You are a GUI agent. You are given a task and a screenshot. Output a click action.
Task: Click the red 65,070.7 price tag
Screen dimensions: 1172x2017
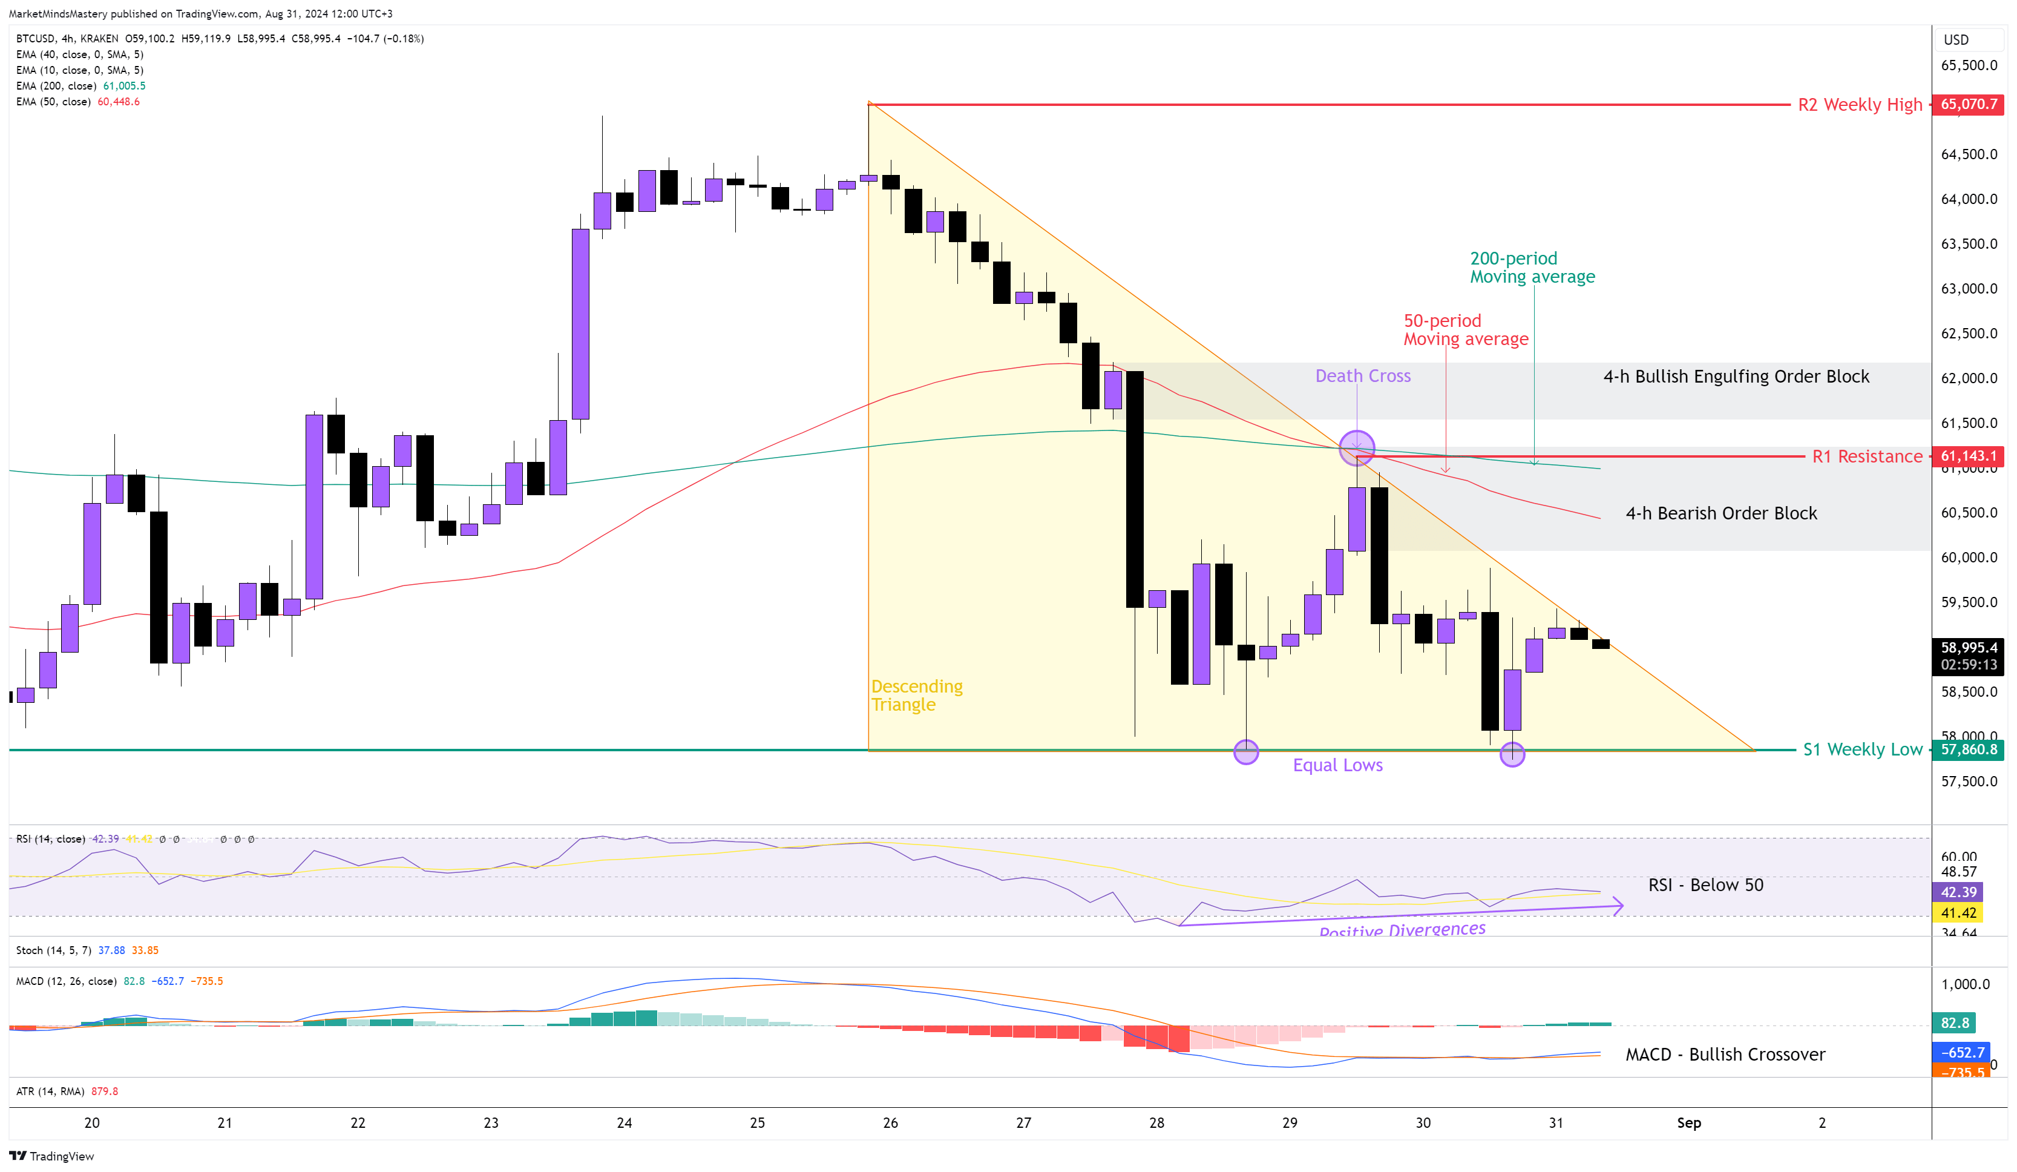(x=1967, y=104)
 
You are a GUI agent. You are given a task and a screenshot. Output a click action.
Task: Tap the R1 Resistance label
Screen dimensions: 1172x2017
(x=1866, y=456)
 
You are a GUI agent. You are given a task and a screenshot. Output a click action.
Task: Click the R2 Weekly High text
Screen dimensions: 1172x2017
(x=1859, y=105)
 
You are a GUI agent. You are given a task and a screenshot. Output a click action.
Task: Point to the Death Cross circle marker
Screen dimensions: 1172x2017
(x=1357, y=449)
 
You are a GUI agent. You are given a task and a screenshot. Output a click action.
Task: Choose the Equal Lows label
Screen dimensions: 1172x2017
(x=1337, y=765)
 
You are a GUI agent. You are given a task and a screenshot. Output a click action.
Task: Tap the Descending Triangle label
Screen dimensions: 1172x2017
(x=916, y=695)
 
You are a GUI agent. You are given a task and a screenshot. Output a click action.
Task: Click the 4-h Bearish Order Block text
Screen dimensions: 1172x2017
(x=1721, y=513)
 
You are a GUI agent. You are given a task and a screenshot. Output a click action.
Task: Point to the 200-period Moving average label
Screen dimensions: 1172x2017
(x=1532, y=268)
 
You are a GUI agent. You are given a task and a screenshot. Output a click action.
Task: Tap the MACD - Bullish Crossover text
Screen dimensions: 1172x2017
(x=1725, y=1055)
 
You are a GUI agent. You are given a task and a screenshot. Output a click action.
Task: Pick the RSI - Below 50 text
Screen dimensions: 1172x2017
(x=1705, y=884)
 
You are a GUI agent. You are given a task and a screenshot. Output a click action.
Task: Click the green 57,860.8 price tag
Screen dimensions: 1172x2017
(x=1967, y=749)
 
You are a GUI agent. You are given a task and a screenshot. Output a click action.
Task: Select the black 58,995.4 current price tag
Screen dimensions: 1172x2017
(x=1967, y=648)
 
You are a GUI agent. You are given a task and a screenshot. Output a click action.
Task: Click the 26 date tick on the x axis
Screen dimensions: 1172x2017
(x=890, y=1122)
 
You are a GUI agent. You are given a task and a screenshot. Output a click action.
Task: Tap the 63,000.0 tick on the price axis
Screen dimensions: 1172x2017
(x=1968, y=288)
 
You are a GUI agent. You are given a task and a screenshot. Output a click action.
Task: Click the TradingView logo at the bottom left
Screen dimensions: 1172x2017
(x=51, y=1156)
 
